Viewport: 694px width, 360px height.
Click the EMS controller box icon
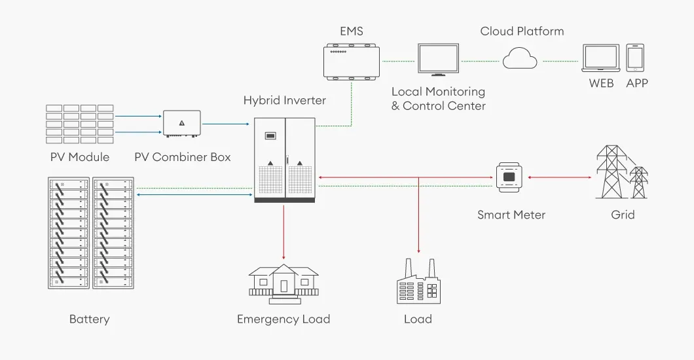click(352, 62)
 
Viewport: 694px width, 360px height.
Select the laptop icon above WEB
click(600, 58)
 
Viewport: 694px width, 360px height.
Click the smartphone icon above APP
click(635, 58)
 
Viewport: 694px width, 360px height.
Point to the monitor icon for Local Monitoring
click(438, 60)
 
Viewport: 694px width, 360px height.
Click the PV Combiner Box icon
click(182, 124)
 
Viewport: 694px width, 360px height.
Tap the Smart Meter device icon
click(509, 177)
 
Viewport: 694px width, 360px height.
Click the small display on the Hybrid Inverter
click(270, 135)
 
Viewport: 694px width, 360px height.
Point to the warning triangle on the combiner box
click(182, 123)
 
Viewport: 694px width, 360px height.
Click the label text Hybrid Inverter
click(285, 100)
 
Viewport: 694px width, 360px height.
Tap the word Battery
click(90, 319)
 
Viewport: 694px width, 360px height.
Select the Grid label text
click(623, 215)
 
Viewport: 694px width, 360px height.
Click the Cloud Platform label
click(522, 31)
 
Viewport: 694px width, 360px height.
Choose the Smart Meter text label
click(511, 215)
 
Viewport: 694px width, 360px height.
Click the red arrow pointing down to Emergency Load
click(283, 232)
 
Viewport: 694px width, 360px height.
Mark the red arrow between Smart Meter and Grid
click(559, 177)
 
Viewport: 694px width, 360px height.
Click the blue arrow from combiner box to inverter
click(226, 124)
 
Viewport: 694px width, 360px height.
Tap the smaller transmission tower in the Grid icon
click(638, 182)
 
